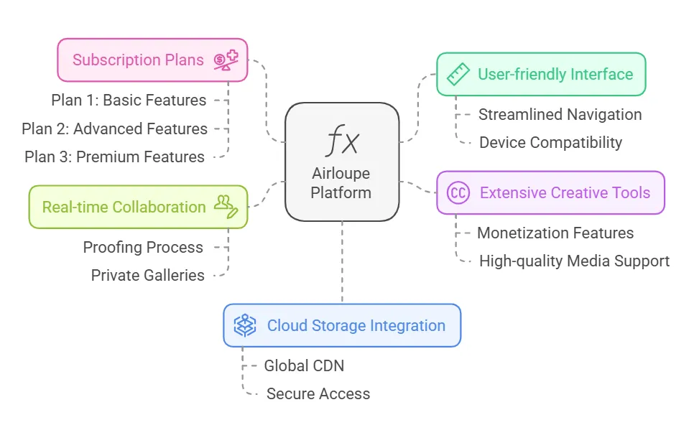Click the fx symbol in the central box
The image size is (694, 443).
point(342,141)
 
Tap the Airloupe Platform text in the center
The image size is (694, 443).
point(342,183)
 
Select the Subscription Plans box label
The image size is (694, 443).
point(138,60)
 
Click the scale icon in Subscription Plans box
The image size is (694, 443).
point(226,60)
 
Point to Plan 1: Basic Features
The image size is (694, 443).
point(129,101)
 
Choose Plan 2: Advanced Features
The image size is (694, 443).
point(114,129)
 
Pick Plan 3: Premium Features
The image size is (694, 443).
point(114,157)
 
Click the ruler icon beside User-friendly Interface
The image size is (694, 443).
point(458,74)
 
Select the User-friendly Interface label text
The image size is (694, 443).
point(555,74)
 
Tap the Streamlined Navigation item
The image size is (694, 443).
point(560,115)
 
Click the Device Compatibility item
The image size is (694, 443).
point(550,143)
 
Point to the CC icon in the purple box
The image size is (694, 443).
point(458,192)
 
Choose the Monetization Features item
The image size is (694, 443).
point(555,233)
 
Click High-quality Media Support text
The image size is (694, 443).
point(574,261)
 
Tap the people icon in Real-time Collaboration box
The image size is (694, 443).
point(226,206)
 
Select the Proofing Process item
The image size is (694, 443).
point(143,248)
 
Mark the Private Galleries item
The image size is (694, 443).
point(147,276)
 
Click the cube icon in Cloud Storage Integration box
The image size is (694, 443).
point(245,325)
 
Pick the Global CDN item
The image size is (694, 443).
point(304,366)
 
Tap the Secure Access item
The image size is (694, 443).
point(318,394)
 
